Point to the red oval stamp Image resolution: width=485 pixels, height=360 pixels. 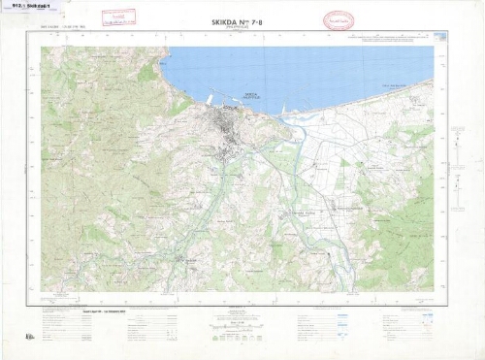338,19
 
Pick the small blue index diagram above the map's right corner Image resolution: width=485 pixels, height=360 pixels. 438,36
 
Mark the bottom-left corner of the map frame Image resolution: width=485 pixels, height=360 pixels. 41,305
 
